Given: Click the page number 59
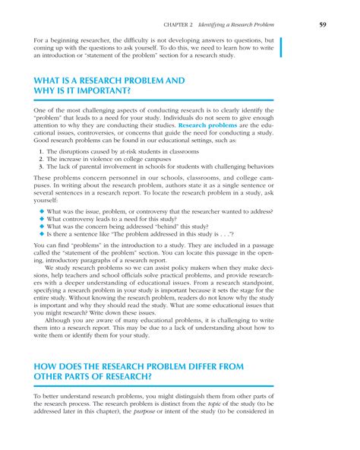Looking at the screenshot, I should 323,25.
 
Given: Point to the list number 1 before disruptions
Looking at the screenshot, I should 39,152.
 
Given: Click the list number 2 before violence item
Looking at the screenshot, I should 39,160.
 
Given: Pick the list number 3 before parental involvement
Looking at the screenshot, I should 39,169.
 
